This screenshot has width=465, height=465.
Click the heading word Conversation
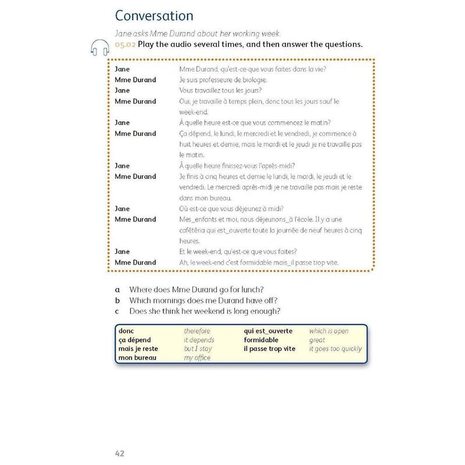click(154, 16)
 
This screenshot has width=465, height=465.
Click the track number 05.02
click(125, 45)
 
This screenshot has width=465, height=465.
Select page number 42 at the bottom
click(119, 453)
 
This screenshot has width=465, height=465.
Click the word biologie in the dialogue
click(252, 80)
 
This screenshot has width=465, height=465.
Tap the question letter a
click(117, 289)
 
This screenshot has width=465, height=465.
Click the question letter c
click(117, 311)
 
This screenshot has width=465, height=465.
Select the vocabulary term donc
click(126, 331)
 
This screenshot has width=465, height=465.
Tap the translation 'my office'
click(197, 358)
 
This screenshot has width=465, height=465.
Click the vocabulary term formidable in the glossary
click(261, 340)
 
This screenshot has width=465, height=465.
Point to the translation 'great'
click(317, 340)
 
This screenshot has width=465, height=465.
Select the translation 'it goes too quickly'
click(335, 349)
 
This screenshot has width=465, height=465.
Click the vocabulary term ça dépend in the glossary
click(135, 340)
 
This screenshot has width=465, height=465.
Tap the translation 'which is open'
click(329, 331)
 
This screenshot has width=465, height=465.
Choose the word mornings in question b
click(171, 300)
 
